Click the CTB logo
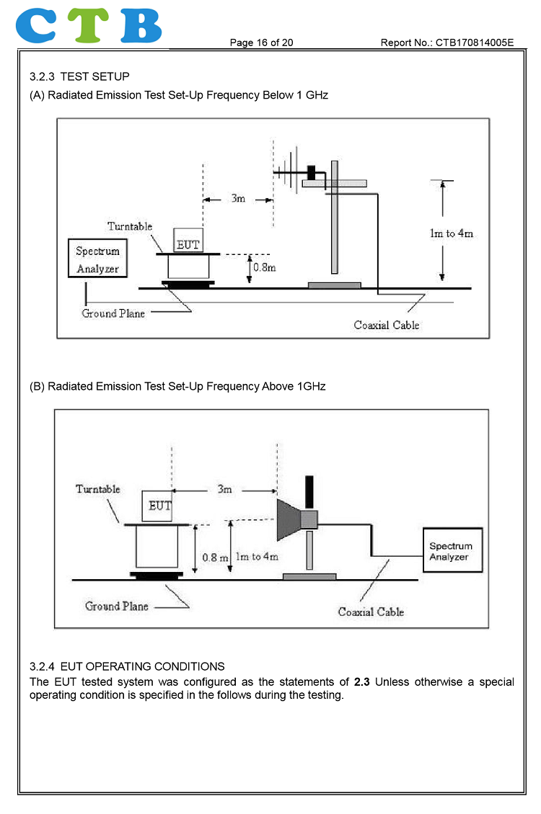coord(89,25)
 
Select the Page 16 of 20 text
coord(261,43)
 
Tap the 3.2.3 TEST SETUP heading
coord(79,76)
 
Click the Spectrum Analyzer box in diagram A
coord(97,260)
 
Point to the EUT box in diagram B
coord(159,505)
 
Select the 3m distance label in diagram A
coord(238,198)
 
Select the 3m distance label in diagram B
coord(225,489)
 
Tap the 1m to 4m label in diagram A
coord(451,233)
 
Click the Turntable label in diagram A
coord(130,226)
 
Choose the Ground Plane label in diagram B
coord(116,606)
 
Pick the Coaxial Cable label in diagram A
coord(386,325)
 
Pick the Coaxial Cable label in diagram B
coord(371,612)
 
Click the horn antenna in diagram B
coord(296,520)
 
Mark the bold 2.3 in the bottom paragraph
coord(362,681)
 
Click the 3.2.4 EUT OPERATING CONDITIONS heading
coord(127,666)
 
